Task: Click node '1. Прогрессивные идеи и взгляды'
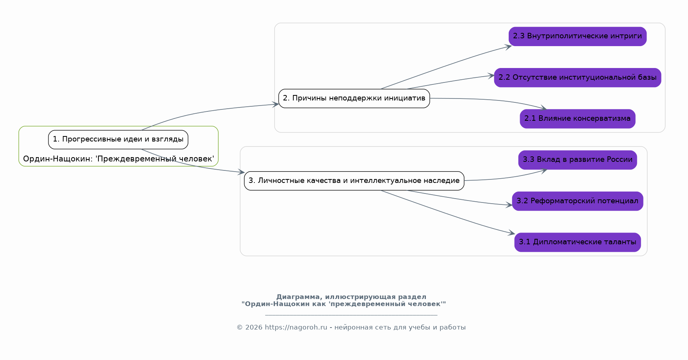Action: click(118, 140)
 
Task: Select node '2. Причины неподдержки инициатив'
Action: click(354, 99)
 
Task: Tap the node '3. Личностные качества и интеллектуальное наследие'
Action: click(354, 181)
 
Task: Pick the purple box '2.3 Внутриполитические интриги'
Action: click(577, 36)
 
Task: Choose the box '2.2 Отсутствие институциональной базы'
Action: click(577, 77)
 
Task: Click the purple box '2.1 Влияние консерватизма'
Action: click(577, 119)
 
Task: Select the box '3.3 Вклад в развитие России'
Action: click(577, 160)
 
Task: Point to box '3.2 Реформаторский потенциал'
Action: click(577, 201)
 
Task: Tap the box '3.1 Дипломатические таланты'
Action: click(577, 242)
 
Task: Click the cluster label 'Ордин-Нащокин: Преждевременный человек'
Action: click(118, 159)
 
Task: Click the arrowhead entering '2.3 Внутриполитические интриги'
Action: click(508, 47)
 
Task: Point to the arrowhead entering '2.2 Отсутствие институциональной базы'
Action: click(491, 76)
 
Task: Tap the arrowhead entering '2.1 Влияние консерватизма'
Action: click(543, 107)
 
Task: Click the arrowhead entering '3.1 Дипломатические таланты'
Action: click(511, 233)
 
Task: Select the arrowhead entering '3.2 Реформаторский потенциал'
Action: click(509, 205)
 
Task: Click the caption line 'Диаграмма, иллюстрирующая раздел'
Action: click(351, 297)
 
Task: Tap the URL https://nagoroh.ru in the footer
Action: click(296, 328)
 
